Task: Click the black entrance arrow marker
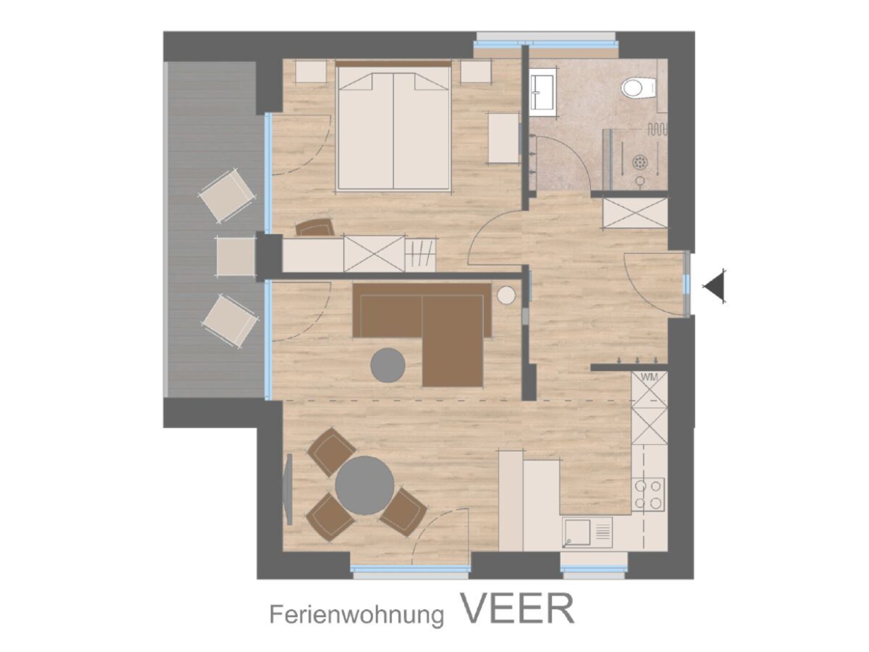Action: pyautogui.click(x=714, y=286)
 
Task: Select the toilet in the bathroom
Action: pyautogui.click(x=638, y=88)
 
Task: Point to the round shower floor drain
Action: pyautogui.click(x=640, y=161)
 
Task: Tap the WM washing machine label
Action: pyautogui.click(x=649, y=377)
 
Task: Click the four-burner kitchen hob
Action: pyautogui.click(x=648, y=494)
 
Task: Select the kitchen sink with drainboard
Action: pyautogui.click(x=587, y=532)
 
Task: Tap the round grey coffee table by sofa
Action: pyautogui.click(x=388, y=365)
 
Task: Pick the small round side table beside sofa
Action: pyautogui.click(x=506, y=296)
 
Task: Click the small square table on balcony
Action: pyautogui.click(x=236, y=256)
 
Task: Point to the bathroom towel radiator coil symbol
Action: pyautogui.click(x=657, y=130)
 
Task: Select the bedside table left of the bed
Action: pyautogui.click(x=311, y=72)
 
